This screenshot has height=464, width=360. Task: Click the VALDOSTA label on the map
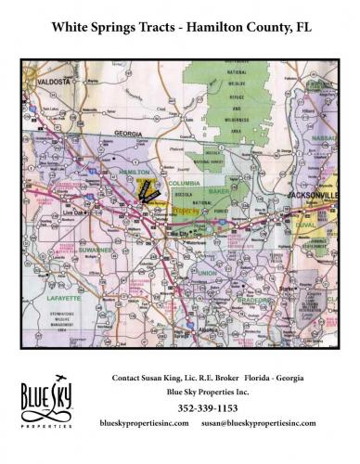point(56,84)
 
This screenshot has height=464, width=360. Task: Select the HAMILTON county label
point(136,173)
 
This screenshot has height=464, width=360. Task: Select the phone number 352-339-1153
point(218,407)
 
